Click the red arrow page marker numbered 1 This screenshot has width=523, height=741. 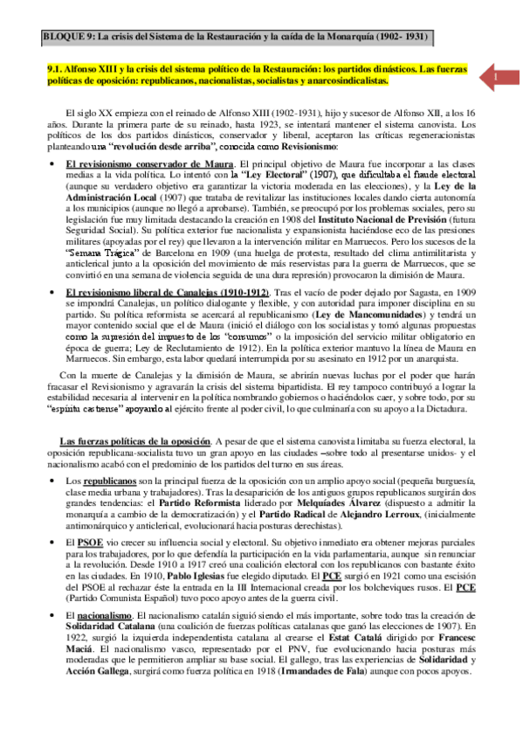[494, 76]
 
